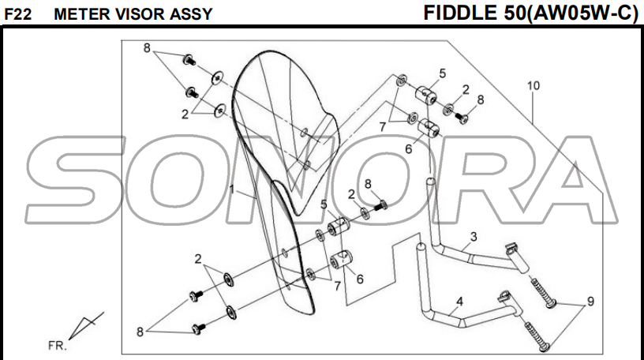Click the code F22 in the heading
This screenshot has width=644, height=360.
(x=17, y=14)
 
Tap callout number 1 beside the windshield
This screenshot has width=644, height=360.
(x=232, y=189)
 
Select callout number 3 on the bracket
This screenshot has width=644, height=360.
(x=474, y=236)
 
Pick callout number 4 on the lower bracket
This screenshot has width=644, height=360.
(x=459, y=301)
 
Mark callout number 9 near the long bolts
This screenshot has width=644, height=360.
(x=589, y=301)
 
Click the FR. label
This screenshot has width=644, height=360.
(x=58, y=346)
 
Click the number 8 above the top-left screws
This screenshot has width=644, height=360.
(x=147, y=48)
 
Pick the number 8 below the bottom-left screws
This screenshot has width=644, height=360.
(x=141, y=332)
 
